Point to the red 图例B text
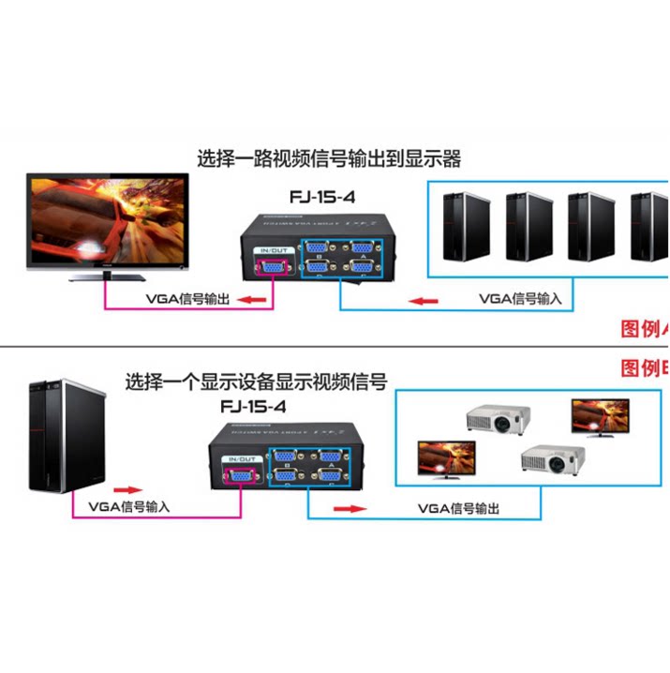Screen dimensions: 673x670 pyautogui.click(x=645, y=367)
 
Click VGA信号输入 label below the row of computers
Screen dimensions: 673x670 pyautogui.click(x=520, y=299)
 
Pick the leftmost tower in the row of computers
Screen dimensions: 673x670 pyautogui.click(x=466, y=225)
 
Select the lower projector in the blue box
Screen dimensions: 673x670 pyautogui.click(x=552, y=458)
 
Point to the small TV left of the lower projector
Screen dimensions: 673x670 pyautogui.click(x=444, y=456)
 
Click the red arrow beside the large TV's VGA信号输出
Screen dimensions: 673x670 pyautogui.click(x=247, y=300)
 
